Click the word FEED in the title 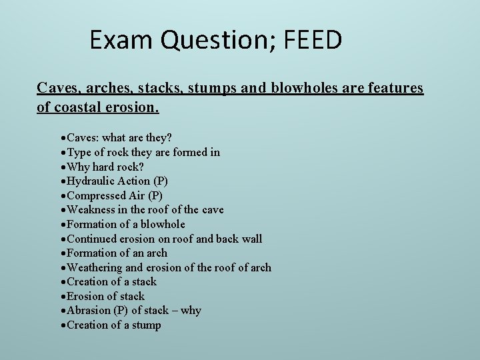[313, 41]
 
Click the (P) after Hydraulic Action [161, 181]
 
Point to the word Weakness [92, 210]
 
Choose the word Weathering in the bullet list [96, 267]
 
